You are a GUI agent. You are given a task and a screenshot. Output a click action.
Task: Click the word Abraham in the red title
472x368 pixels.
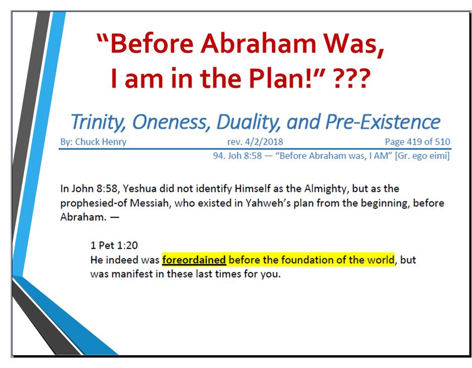(x=258, y=43)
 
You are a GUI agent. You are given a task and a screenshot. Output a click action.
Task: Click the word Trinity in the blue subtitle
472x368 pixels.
(x=98, y=122)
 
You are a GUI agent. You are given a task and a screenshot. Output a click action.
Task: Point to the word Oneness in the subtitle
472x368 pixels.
(x=170, y=122)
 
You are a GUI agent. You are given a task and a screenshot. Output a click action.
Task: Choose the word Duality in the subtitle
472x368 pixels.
(x=249, y=122)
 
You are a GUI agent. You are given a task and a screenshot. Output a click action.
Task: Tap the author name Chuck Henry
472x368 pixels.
(x=101, y=142)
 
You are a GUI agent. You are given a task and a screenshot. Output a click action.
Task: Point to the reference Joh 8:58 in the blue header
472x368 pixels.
(x=245, y=155)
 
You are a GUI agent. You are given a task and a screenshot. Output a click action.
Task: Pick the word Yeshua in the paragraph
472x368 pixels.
(x=139, y=188)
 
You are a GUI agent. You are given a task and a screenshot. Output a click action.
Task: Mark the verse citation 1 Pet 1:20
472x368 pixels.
(x=114, y=245)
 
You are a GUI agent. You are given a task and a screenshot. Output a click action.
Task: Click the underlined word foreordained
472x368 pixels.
(x=194, y=260)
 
